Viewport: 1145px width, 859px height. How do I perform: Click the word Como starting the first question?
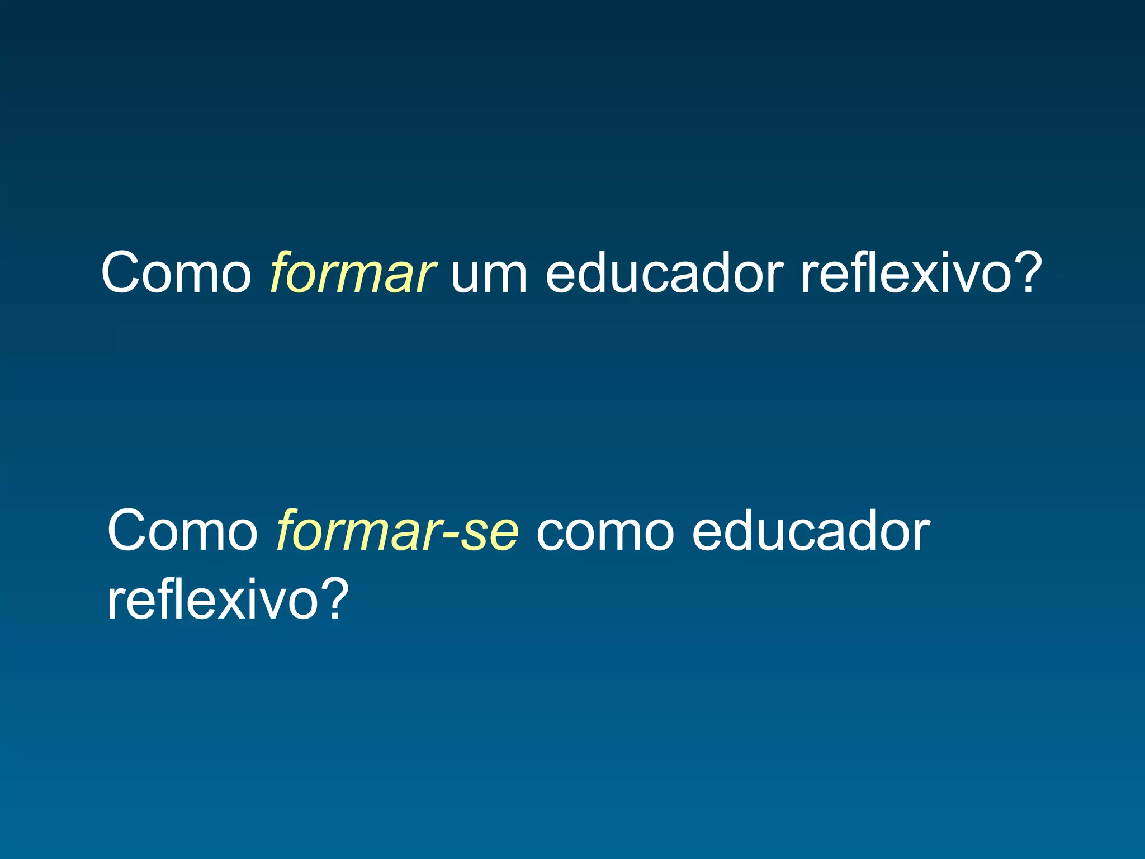point(177,272)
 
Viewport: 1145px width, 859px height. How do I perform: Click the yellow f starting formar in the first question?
point(281,272)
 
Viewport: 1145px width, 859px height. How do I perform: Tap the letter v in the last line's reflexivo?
point(273,604)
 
